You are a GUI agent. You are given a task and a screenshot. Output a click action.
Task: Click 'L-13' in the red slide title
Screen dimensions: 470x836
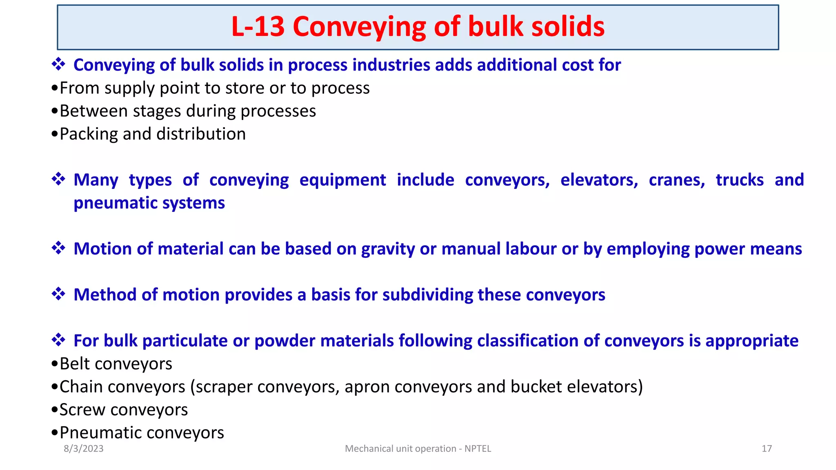pos(258,27)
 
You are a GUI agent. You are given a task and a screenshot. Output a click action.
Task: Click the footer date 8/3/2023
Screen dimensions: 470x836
pos(84,448)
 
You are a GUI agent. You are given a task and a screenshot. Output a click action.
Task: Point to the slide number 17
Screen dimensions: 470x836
pos(767,448)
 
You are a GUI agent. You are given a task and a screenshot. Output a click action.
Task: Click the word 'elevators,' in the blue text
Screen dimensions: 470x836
pos(599,180)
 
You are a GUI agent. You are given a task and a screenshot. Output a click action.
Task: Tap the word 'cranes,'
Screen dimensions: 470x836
pos(677,180)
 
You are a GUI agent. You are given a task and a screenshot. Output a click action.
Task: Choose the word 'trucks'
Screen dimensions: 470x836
pos(740,180)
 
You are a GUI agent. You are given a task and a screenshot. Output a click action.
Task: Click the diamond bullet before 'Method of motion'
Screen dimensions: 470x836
pos(58,294)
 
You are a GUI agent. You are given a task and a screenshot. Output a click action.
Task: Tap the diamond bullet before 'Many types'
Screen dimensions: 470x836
pos(58,179)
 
